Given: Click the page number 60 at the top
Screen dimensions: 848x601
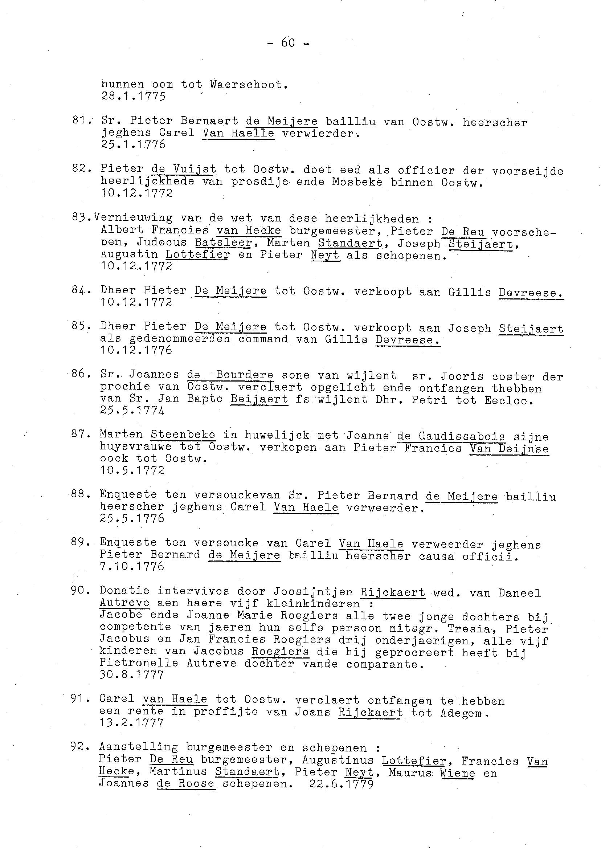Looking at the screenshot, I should (x=288, y=43).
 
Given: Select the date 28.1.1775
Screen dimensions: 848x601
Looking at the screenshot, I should (x=133, y=97).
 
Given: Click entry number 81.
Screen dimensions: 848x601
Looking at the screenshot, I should (x=81, y=121).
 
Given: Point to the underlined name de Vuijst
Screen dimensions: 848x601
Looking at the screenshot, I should (x=184, y=169).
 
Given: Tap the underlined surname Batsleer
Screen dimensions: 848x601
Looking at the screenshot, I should (x=223, y=243).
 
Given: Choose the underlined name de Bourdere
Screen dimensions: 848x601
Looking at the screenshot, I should (x=230, y=375).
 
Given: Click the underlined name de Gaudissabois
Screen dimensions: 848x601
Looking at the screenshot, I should (x=451, y=436).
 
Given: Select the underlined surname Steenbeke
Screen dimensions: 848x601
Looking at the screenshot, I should (x=183, y=434).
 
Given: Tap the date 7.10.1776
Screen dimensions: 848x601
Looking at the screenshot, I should (x=132, y=566).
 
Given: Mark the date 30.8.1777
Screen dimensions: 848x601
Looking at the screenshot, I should (x=132, y=675).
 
